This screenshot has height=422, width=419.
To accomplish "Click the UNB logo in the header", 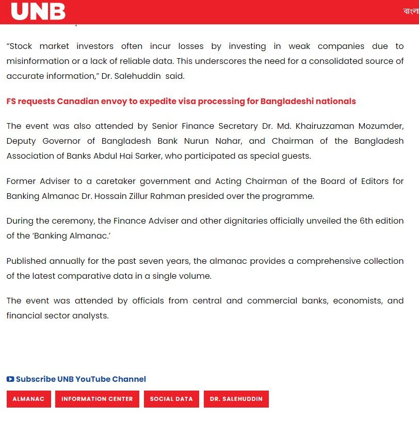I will coord(38,11).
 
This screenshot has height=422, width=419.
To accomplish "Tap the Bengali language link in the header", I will coord(411,11).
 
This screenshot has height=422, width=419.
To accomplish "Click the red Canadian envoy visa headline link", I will coord(181,101).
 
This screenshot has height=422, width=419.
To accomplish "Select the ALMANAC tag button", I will coord(28,399).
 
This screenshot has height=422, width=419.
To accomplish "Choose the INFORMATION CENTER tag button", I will coord(97,399).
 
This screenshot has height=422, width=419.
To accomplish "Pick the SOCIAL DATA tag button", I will coord(171,399).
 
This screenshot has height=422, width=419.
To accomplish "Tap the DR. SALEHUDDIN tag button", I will coord(236,399).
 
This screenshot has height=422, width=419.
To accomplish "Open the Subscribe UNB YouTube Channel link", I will coord(80,379).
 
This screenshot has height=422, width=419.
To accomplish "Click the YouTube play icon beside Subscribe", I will coord(10,379).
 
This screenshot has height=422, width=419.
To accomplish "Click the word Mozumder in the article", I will coord(381,126).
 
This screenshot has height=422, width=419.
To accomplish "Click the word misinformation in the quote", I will coord(35,61).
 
